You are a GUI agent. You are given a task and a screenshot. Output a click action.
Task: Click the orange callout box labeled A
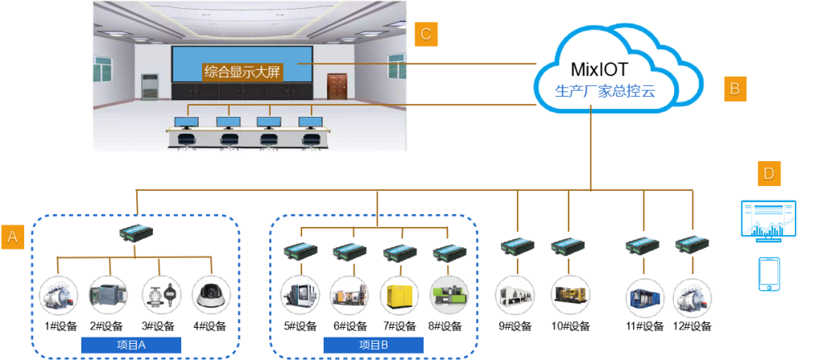(x=12, y=236)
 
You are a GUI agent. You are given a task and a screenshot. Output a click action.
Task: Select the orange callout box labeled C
(x=426, y=33)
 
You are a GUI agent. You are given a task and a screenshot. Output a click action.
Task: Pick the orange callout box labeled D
(x=768, y=174)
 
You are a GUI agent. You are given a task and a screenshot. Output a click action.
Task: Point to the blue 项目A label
(x=130, y=346)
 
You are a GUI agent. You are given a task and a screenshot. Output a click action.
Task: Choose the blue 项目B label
(x=372, y=346)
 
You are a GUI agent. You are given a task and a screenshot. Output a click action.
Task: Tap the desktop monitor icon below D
(x=767, y=221)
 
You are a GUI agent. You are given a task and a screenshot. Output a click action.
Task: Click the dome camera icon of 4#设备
(x=211, y=296)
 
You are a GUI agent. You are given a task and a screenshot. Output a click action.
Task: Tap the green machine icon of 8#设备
(x=446, y=296)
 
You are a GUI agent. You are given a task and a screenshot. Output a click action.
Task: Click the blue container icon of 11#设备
(x=644, y=296)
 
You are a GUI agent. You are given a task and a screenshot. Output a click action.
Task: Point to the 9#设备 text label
(x=516, y=326)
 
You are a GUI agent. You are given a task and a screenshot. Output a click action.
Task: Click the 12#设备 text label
(x=692, y=326)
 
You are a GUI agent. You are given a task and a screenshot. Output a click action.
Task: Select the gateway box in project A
(x=134, y=234)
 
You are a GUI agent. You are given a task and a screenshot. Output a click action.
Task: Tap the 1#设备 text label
(x=60, y=326)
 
